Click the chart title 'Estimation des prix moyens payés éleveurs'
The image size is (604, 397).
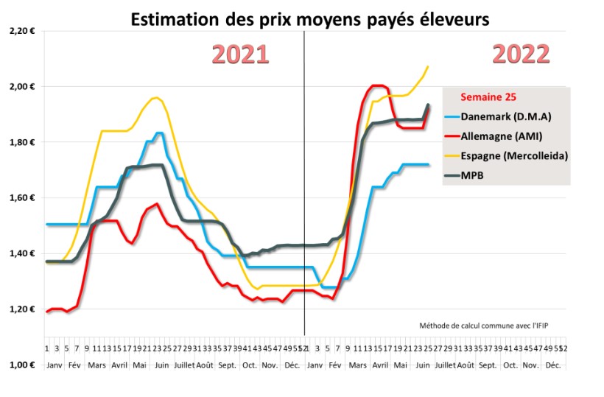click(309, 19)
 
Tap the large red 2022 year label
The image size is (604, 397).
click(521, 54)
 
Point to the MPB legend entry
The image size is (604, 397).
click(472, 175)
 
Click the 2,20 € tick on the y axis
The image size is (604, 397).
click(23, 31)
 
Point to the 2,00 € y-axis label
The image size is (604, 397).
click(23, 87)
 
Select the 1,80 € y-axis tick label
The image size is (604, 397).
click(23, 142)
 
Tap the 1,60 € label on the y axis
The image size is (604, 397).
click(23, 198)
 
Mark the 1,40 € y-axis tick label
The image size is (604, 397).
click(23, 253)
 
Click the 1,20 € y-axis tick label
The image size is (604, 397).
click(23, 309)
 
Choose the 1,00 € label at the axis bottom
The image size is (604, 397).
click(23, 365)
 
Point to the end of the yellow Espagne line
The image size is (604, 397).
click(428, 67)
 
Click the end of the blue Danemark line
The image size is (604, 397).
click(429, 164)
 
